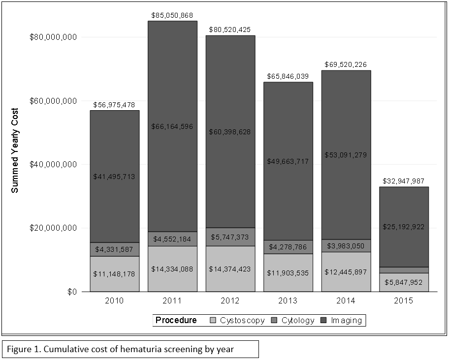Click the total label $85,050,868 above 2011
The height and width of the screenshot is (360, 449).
(x=173, y=16)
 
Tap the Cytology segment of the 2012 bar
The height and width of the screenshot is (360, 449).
(x=230, y=237)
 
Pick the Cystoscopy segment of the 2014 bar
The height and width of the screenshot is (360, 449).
(x=346, y=272)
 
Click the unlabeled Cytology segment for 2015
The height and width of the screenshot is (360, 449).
(x=404, y=270)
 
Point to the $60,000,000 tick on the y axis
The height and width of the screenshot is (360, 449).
(x=53, y=101)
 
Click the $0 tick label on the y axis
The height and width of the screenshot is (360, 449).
(x=71, y=292)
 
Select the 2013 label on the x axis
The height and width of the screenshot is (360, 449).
(x=289, y=300)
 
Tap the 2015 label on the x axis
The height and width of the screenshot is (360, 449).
(x=404, y=300)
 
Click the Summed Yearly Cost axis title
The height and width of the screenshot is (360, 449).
(x=15, y=150)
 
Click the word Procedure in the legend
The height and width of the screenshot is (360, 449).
(x=176, y=321)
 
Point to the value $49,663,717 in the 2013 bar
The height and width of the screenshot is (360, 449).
(x=289, y=161)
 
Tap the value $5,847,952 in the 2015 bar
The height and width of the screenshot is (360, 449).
(x=404, y=283)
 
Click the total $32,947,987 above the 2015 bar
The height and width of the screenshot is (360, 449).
(x=404, y=181)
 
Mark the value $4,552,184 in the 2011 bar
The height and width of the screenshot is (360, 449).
(x=173, y=240)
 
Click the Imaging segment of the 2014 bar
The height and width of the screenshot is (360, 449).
(x=346, y=123)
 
